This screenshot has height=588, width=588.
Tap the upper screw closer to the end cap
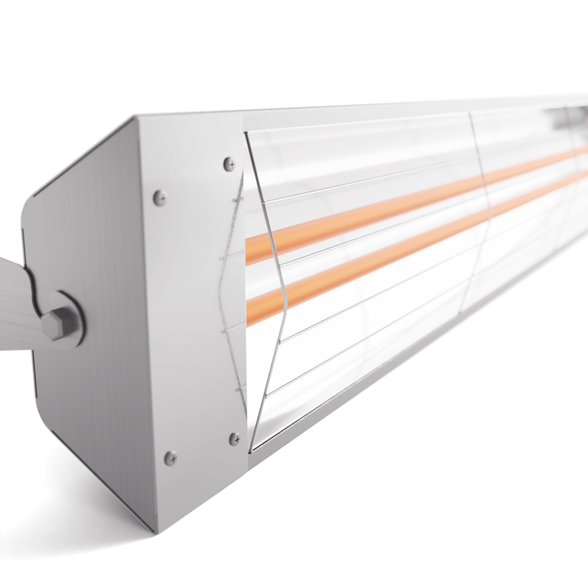[159, 198]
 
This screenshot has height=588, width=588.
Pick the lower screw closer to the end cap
[170, 458]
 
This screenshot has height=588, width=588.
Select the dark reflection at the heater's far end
[561, 120]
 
